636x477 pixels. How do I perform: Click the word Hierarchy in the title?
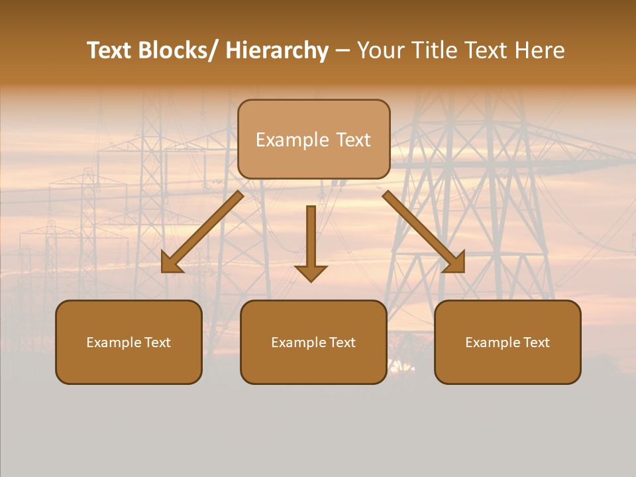pyautogui.click(x=277, y=50)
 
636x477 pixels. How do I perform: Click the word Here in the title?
pyautogui.click(x=541, y=50)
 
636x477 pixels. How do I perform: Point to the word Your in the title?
pyautogui.click(x=380, y=50)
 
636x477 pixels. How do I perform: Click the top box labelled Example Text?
pyautogui.click(x=313, y=139)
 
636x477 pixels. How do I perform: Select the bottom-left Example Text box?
pyautogui.click(x=129, y=342)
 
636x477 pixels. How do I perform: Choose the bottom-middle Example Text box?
pyautogui.click(x=313, y=342)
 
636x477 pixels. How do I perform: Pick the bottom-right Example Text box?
pyautogui.click(x=507, y=342)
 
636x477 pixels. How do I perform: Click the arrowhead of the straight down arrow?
pyautogui.click(x=311, y=273)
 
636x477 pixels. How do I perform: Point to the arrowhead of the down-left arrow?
pyautogui.click(x=171, y=264)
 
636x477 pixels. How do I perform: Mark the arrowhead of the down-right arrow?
pyautogui.click(x=456, y=263)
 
